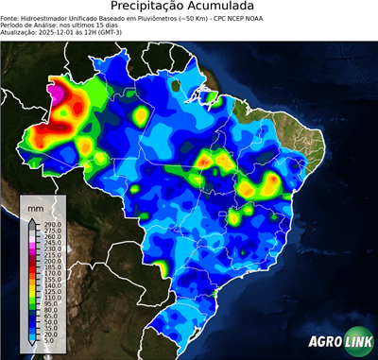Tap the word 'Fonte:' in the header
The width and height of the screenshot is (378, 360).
point(11,17)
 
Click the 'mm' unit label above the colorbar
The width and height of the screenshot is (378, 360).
point(36,206)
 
